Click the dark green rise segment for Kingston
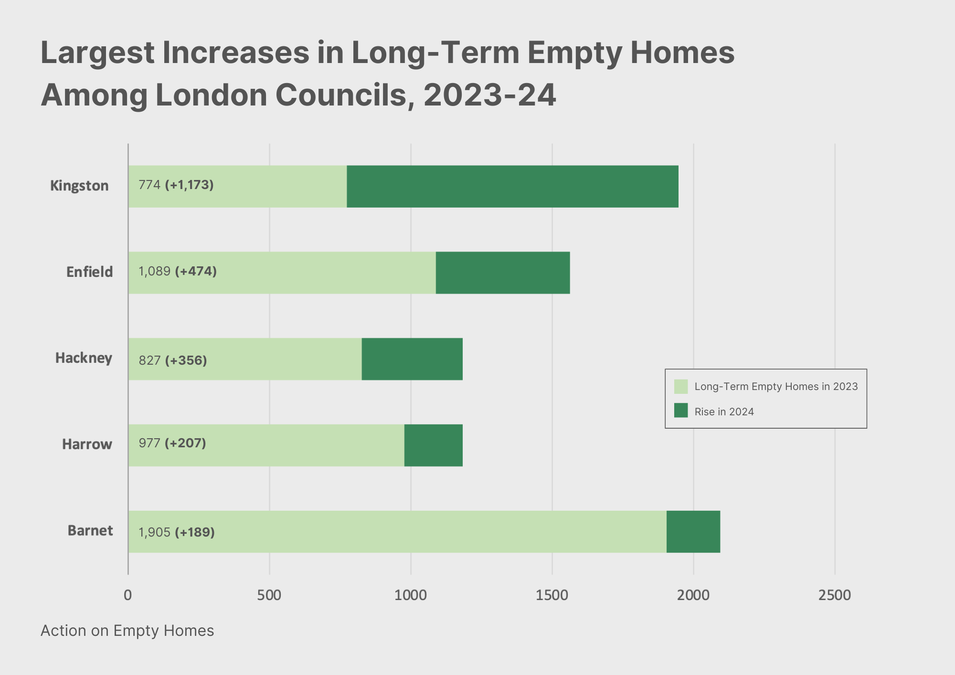(512, 186)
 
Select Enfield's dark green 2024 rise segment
(502, 273)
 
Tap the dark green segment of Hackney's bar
(412, 359)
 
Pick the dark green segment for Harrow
(433, 445)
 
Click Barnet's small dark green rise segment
(693, 531)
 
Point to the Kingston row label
(79, 186)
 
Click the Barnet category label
(90, 531)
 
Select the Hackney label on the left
(84, 358)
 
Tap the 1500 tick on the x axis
(552, 595)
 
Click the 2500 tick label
(835, 595)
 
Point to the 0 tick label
(127, 595)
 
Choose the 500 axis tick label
(269, 595)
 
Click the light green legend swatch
(681, 387)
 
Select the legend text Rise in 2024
(724, 412)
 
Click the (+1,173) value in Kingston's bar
(189, 185)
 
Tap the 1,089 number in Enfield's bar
(154, 271)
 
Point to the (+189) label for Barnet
(195, 532)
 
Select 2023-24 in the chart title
(489, 95)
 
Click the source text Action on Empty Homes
(127, 631)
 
